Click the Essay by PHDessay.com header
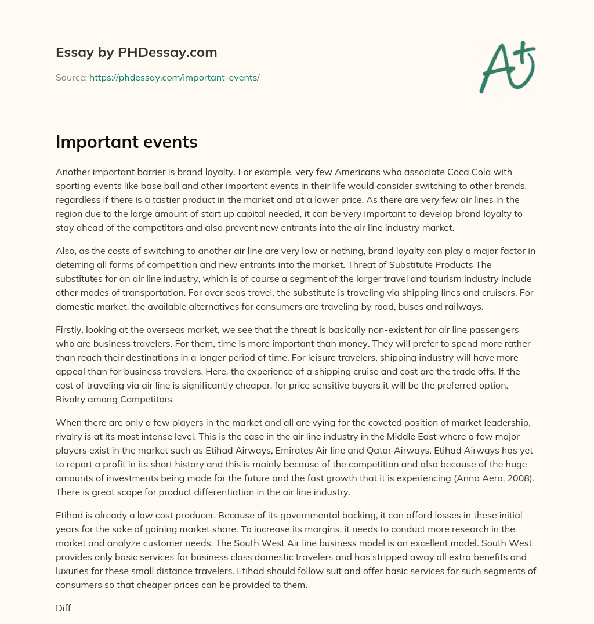[136, 53]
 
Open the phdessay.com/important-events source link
[174, 77]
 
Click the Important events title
[126, 142]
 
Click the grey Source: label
[71, 77]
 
